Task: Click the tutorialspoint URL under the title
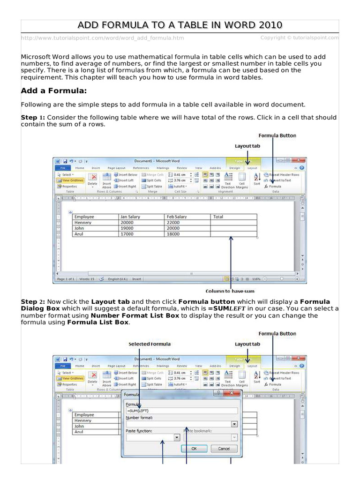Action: click(102, 37)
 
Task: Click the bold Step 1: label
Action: click(33, 117)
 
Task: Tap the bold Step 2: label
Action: click(33, 301)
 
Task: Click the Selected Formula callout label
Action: click(150, 344)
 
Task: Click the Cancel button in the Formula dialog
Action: click(224, 449)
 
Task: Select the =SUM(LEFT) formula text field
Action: click(181, 411)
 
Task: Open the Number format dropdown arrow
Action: click(234, 424)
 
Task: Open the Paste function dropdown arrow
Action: click(177, 437)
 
